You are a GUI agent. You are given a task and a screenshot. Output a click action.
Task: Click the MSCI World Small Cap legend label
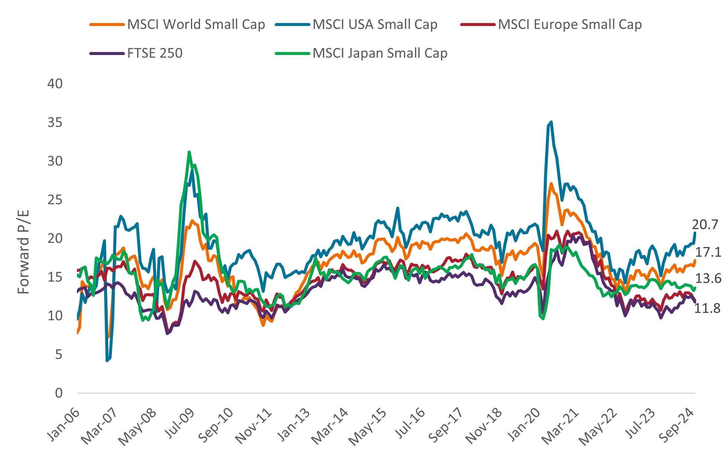pos(196,25)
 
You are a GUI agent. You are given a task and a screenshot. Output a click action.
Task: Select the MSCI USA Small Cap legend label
pos(375,25)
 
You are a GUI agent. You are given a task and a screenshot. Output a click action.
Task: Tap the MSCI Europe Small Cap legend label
pos(569,25)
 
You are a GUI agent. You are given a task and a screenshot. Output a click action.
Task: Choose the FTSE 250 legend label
pos(155,53)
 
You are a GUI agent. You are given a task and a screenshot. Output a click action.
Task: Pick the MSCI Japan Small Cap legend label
pos(380,53)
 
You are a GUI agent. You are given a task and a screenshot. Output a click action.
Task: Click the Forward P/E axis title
pos(23,252)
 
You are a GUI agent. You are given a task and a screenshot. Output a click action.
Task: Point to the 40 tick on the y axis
pos(55,84)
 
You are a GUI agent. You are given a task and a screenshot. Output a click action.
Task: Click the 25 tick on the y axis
pos(55,200)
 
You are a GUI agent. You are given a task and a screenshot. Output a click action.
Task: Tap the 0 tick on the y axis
pos(59,393)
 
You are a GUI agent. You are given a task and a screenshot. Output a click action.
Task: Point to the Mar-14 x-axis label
pos(330,425)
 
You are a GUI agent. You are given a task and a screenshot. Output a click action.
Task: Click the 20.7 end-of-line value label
pos(705,224)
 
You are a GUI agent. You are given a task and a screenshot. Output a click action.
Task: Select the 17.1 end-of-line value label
pos(708,253)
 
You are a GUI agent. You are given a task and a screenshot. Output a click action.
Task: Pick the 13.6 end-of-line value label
pos(708,279)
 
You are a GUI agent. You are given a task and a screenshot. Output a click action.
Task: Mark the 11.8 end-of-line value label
pos(707,308)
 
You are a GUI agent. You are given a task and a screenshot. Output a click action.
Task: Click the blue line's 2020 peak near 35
pos(551,121)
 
